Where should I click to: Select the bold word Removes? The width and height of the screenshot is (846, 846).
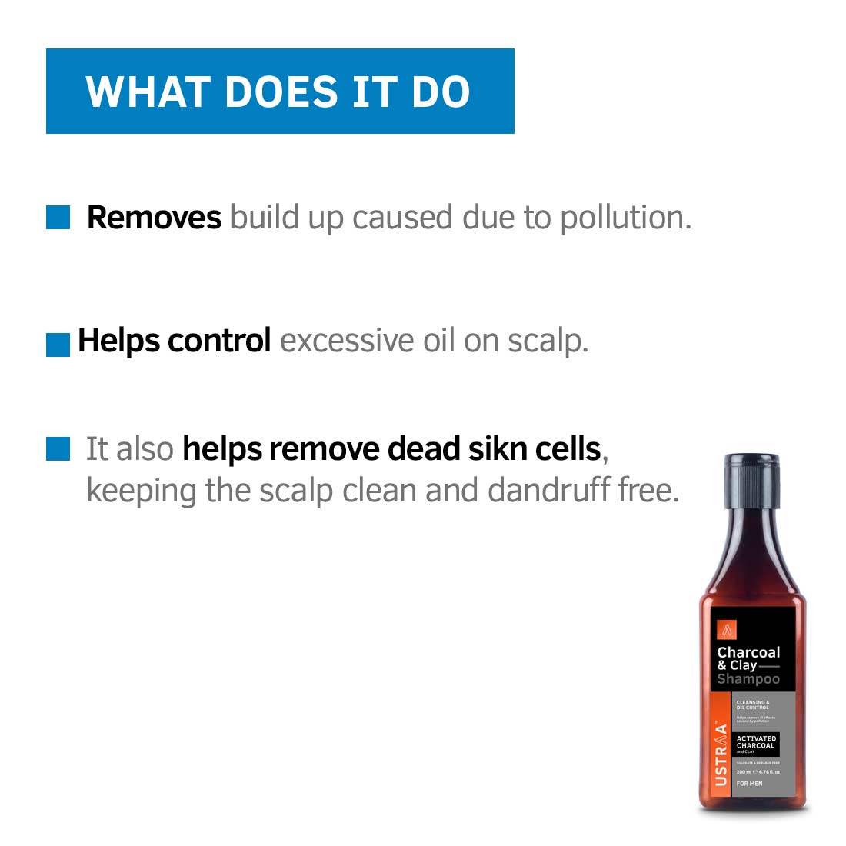[154, 218]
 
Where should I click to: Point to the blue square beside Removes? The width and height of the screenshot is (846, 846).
[58, 218]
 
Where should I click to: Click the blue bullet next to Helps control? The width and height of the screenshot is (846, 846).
[58, 345]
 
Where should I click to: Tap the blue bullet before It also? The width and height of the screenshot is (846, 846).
[58, 449]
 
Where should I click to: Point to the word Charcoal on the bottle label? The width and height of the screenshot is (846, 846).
[748, 652]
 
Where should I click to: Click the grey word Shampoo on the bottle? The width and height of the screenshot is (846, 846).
[748, 679]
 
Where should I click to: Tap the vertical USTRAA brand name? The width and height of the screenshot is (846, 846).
[721, 754]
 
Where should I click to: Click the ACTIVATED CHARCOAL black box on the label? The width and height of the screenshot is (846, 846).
[756, 743]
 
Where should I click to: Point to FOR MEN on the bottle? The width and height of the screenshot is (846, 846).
[749, 784]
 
